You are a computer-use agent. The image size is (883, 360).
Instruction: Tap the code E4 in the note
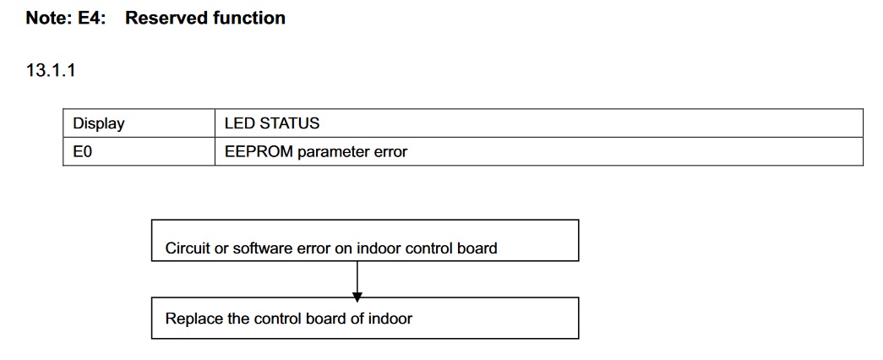(94, 18)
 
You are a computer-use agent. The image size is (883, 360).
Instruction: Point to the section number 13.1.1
(52, 71)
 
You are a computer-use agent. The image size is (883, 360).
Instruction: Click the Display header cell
(98, 123)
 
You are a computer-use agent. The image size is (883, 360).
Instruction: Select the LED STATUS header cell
(272, 123)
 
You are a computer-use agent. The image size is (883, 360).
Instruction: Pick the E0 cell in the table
(82, 152)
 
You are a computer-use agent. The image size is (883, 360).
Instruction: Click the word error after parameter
(390, 152)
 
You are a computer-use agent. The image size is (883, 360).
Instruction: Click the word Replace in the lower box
(192, 319)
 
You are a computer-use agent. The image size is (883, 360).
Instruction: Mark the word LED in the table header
(238, 123)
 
